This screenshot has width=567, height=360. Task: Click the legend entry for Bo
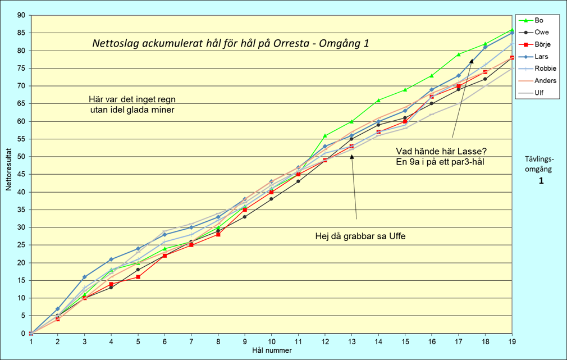point(539,20)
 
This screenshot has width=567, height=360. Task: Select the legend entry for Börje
point(542,44)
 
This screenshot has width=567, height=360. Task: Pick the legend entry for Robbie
point(544,69)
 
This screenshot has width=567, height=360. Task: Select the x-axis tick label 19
point(512,342)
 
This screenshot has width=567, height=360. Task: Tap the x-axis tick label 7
point(191,342)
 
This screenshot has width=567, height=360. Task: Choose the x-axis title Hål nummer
point(272,350)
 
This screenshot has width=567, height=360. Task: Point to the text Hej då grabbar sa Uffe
point(360,236)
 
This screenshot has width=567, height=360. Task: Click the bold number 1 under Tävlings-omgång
point(541,181)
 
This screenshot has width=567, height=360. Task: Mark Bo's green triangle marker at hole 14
point(378,100)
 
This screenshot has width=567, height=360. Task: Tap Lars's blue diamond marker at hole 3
point(85,277)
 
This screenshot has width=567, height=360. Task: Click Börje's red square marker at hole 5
point(138,277)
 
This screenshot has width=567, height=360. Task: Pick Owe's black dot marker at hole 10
point(272,199)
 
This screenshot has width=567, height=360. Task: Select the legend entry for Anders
point(544,81)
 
